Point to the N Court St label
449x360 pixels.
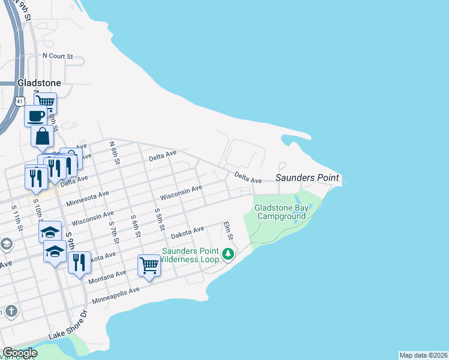pos(58,56)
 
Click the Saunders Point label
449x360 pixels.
pos(307,178)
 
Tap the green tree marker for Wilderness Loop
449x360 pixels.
pos(228,254)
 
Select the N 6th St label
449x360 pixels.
pos(114,153)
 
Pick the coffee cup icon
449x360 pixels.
pos(35,114)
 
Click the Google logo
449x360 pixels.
pos(20,353)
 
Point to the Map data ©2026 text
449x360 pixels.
pos(423,355)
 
